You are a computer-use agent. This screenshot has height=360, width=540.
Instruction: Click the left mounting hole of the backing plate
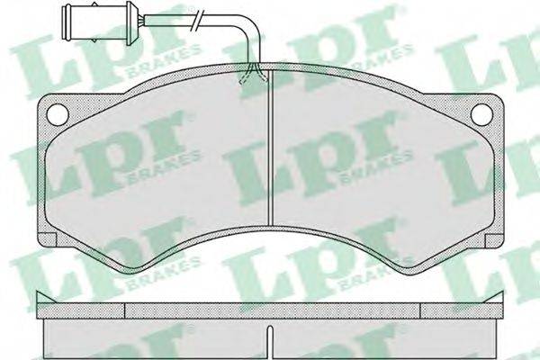(58, 113)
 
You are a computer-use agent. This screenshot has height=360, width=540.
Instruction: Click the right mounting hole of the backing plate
(481, 113)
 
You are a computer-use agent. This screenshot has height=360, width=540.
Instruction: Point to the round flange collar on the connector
(130, 22)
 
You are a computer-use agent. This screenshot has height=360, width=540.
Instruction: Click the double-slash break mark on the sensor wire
(197, 21)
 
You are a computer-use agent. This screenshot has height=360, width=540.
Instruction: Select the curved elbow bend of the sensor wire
(250, 30)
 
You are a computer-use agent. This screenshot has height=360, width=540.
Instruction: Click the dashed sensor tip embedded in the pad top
(254, 74)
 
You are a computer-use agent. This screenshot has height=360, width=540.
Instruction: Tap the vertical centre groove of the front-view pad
(271, 148)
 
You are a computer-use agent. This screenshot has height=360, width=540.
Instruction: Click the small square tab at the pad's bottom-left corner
(46, 240)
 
